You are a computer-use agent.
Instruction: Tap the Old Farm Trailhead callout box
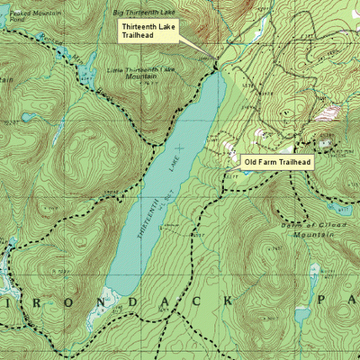[x=278, y=162]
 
